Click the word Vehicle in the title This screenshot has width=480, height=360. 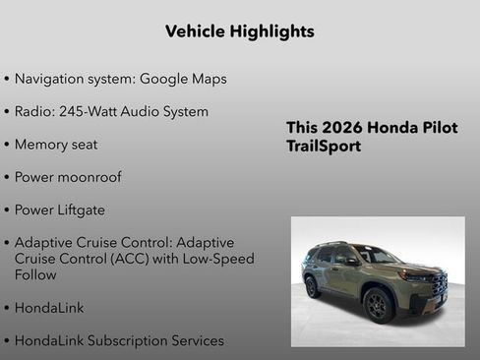[x=196, y=31]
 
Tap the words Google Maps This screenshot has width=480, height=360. [x=183, y=79]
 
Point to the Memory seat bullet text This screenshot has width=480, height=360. [x=56, y=144]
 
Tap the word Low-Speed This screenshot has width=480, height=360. [x=210, y=259]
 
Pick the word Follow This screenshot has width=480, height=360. [x=36, y=275]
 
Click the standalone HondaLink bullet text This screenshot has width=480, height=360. [x=49, y=308]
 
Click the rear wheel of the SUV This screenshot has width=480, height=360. [x=313, y=286]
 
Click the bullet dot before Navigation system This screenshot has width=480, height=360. [x=8, y=79]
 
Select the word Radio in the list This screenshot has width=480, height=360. [x=34, y=111]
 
